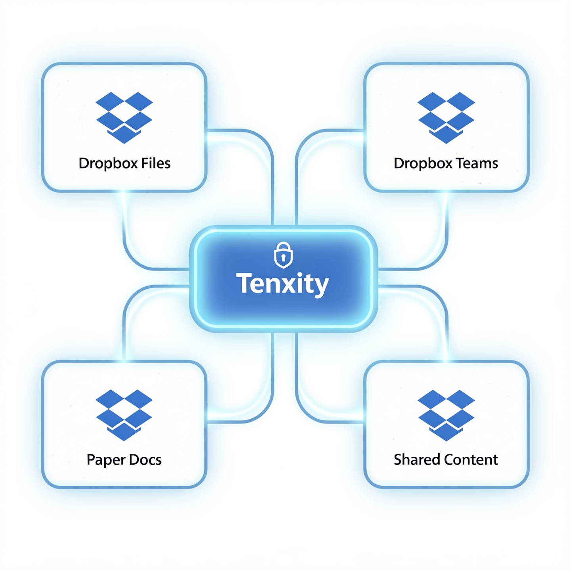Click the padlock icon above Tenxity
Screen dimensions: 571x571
pyautogui.click(x=283, y=255)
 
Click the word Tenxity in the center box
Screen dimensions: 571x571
pyautogui.click(x=283, y=283)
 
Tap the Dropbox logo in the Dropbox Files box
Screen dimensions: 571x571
pyautogui.click(x=124, y=117)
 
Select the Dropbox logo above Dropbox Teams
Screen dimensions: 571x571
pyautogui.click(x=446, y=117)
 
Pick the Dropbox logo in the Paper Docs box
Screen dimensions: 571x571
pyautogui.click(x=124, y=415)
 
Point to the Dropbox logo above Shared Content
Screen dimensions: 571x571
pyautogui.click(x=446, y=415)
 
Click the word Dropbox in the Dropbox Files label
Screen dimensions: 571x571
pyautogui.click(x=105, y=163)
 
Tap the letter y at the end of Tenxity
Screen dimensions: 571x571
pyautogui.click(x=321, y=285)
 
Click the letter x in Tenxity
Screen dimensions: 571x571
pyautogui.click(x=287, y=284)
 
